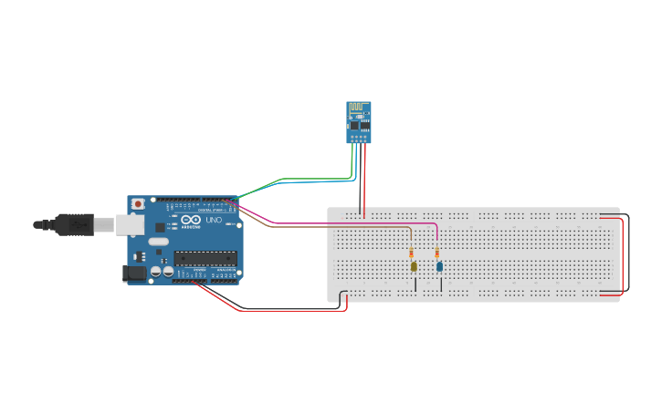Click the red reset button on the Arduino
tap(138, 202)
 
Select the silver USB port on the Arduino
tap(131, 224)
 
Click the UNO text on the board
tap(214, 221)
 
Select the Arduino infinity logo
tap(191, 221)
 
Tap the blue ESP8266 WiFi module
tap(359, 122)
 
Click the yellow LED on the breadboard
tap(414, 266)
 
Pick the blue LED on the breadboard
tap(439, 266)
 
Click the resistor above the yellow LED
tap(412, 253)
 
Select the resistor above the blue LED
tap(437, 253)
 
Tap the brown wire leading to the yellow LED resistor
tap(347, 227)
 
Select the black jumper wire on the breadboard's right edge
tap(628, 255)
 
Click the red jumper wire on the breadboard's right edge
tap(622, 255)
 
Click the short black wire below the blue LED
tap(441, 284)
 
